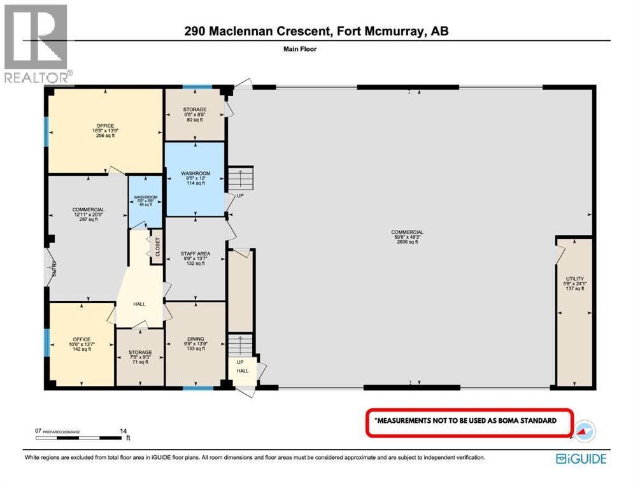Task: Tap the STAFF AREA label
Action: tap(195, 253)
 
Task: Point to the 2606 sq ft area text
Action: tap(408, 243)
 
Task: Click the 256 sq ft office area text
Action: tap(105, 136)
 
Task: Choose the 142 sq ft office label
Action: tap(81, 349)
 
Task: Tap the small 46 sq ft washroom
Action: tap(146, 204)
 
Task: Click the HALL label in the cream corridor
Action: tap(139, 304)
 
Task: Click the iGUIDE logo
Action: tap(580, 458)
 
